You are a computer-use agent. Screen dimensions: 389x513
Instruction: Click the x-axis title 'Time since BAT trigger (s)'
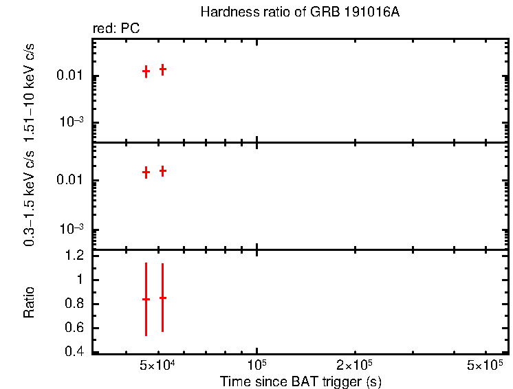click(x=301, y=381)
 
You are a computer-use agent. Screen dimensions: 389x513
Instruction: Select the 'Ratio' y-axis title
click(x=30, y=302)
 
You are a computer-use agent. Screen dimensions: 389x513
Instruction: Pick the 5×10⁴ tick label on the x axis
click(x=158, y=364)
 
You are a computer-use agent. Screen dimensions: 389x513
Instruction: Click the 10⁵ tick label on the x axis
click(x=257, y=364)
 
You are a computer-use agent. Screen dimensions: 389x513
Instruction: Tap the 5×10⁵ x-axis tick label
click(x=485, y=364)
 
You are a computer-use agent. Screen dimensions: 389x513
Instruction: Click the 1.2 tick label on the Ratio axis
click(x=76, y=256)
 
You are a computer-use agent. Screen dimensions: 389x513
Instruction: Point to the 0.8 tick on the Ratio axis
click(x=76, y=304)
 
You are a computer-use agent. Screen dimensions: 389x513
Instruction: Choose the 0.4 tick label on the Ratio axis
click(x=76, y=352)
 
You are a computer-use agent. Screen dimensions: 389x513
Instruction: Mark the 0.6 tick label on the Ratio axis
click(x=76, y=328)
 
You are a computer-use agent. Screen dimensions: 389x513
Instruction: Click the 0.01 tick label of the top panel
click(x=71, y=76)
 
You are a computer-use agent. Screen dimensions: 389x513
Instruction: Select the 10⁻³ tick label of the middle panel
click(x=72, y=229)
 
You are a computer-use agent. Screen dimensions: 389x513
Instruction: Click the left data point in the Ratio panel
click(x=146, y=299)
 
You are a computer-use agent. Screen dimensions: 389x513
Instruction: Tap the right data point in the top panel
click(x=163, y=69)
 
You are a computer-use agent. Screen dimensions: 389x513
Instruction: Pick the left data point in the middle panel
click(x=146, y=173)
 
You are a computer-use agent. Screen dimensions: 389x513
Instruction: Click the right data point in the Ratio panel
click(x=162, y=298)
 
